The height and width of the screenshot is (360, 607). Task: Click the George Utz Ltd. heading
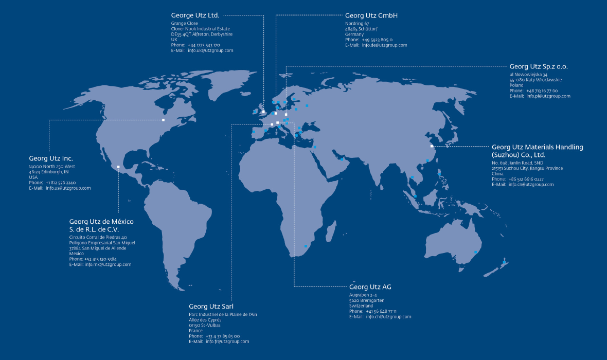195,15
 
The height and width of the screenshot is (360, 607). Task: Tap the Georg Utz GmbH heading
371,15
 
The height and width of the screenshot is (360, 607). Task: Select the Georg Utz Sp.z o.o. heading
539,66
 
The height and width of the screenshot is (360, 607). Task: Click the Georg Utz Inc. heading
51,158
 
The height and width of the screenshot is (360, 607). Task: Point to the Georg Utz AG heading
370,286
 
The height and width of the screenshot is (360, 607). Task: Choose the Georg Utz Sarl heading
211,306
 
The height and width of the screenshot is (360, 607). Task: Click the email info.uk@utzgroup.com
210,50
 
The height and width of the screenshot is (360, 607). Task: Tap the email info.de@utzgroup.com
384,45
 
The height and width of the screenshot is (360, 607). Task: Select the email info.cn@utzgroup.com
531,184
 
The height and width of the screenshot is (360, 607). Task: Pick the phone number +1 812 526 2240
61,183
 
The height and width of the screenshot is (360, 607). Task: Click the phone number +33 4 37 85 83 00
223,336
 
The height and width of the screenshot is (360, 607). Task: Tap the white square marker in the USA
163,120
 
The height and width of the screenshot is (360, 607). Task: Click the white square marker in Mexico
118,167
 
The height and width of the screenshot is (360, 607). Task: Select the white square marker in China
432,146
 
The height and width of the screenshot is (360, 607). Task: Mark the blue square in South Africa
306,246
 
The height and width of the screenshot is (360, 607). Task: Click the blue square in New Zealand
504,263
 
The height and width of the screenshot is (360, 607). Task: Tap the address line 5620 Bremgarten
366,300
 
